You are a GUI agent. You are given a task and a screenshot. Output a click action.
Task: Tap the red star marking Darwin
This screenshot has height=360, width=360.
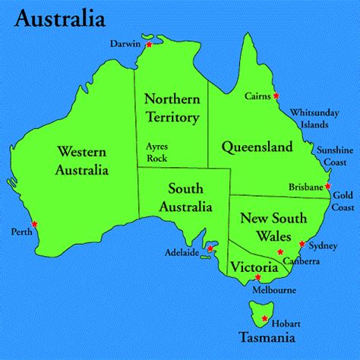[x=149, y=46]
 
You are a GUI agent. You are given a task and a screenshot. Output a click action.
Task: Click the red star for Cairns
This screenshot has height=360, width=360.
[x=276, y=96]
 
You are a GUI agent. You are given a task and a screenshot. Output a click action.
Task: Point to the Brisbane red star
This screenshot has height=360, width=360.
[x=327, y=185]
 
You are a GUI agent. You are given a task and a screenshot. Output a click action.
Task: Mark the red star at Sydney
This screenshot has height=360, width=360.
[x=302, y=245]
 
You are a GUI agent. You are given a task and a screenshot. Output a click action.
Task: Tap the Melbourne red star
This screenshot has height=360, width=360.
[x=257, y=277]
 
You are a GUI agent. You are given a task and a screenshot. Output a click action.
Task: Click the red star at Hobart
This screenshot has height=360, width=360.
[x=264, y=319]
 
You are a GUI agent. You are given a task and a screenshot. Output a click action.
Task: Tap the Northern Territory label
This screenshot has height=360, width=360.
[x=171, y=107]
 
